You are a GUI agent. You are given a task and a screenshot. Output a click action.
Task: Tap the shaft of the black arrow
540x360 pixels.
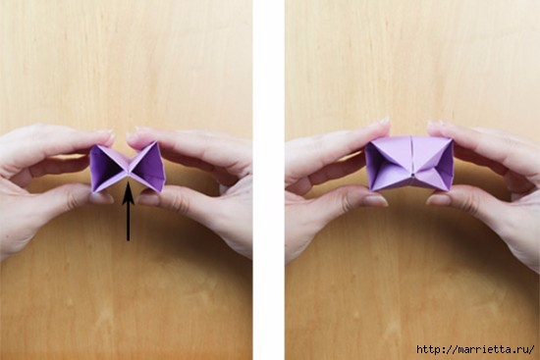[x=128, y=222]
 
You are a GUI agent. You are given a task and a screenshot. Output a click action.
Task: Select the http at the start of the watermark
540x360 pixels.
[x=428, y=349]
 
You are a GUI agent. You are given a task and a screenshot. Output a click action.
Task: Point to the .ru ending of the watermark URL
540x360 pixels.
[x=520, y=350]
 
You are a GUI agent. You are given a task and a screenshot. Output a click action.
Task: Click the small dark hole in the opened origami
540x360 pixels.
[x=412, y=176]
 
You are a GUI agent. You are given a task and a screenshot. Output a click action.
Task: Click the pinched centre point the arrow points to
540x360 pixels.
[x=128, y=171]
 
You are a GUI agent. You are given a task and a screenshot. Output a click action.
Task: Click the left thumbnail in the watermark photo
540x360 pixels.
[x=376, y=200]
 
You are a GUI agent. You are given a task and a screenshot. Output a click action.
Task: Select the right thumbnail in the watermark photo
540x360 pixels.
[x=439, y=199]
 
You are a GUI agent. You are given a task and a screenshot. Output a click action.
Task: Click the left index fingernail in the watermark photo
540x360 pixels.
[x=383, y=121]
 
